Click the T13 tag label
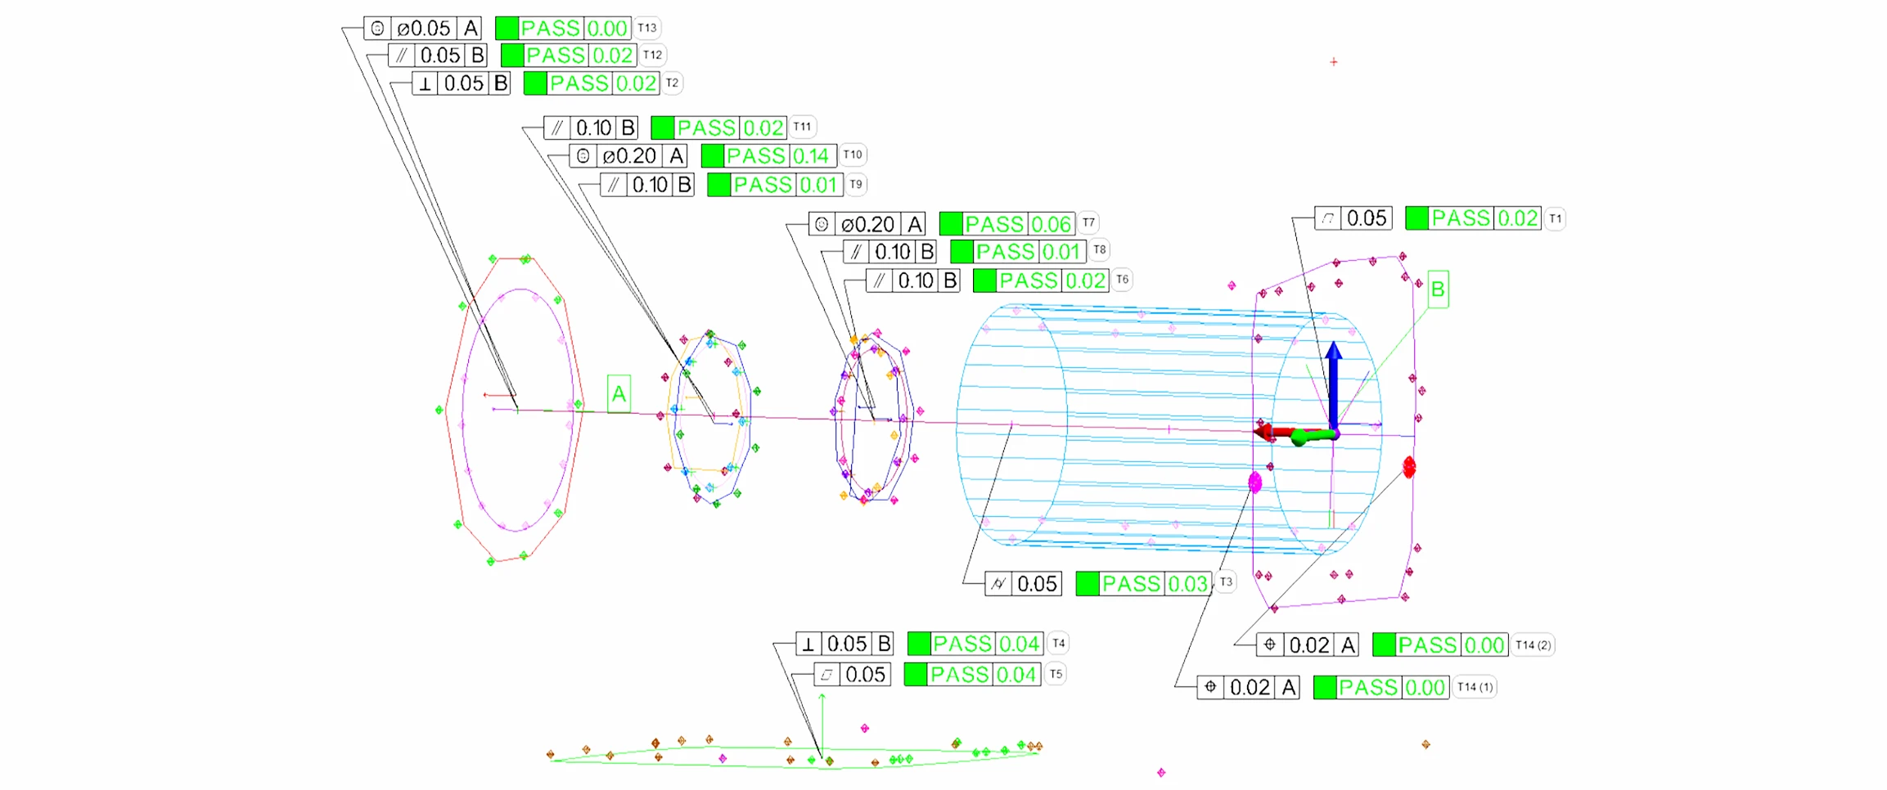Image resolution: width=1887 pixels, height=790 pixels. tap(647, 28)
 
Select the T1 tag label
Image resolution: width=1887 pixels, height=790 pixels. tap(1555, 218)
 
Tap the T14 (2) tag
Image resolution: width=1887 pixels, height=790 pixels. tap(1532, 645)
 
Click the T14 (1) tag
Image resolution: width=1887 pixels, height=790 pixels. tap(1474, 687)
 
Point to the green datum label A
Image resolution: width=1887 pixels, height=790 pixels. tap(619, 394)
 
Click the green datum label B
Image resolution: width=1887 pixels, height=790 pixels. tap(1438, 290)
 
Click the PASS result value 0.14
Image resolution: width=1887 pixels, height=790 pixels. tap(810, 155)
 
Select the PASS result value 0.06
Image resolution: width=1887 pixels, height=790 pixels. tap(1051, 224)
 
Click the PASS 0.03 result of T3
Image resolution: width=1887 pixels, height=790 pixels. tap(1187, 584)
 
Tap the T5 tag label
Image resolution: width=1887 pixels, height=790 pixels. tap(1056, 674)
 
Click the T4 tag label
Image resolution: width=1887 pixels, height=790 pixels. tap(1058, 644)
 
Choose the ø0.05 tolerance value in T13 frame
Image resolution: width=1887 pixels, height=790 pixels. tap(424, 29)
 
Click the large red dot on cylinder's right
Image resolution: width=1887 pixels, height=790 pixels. tap(1409, 468)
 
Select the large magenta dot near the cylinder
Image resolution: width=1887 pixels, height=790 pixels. tap(1255, 483)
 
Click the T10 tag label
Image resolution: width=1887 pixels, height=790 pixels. tap(853, 155)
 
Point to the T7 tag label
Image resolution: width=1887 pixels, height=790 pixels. tap(1088, 222)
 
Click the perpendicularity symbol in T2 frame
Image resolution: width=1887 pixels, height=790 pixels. tap(425, 83)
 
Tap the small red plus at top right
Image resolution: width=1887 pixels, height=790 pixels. tap(1334, 62)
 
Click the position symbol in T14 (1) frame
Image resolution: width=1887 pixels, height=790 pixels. tap(1210, 687)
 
